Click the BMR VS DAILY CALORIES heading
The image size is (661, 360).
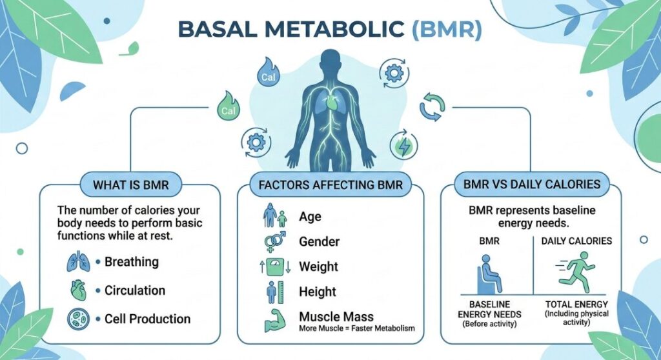click(x=531, y=185)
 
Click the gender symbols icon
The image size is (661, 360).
click(x=275, y=242)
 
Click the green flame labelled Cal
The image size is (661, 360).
click(x=228, y=107)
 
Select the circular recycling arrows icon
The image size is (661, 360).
click(x=432, y=106)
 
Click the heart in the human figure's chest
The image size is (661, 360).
click(x=330, y=103)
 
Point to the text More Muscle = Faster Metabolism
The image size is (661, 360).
click(x=357, y=329)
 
